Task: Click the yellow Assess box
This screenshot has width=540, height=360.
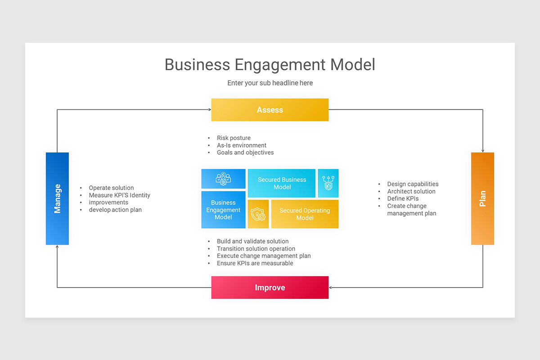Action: point(270,110)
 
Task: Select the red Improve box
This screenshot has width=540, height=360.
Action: point(270,288)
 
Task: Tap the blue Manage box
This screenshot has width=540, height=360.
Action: point(57,198)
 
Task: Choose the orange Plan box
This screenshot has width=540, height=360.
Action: point(482,198)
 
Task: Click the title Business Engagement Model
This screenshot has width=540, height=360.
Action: point(270,64)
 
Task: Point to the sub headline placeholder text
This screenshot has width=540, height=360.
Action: point(270,83)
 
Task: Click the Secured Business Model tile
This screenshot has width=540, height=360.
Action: point(282,183)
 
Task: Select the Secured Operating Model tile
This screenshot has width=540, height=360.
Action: point(305,214)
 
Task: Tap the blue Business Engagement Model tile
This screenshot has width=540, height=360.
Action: point(223,210)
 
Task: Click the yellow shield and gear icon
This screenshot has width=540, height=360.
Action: point(258,214)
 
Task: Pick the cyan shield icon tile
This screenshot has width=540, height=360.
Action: point(328,183)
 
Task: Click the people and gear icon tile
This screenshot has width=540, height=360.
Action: point(223,179)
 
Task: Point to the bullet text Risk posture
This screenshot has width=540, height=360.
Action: point(234,138)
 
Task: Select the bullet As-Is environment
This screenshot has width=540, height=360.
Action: point(242,145)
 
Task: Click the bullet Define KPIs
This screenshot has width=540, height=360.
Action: point(403,198)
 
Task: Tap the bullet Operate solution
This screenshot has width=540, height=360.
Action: point(111,188)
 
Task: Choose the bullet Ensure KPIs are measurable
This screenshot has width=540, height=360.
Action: point(255,263)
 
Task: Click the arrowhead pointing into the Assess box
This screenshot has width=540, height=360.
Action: point(209,110)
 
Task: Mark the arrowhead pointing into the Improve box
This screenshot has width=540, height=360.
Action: point(331,288)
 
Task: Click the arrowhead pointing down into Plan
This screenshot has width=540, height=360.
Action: point(482,150)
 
